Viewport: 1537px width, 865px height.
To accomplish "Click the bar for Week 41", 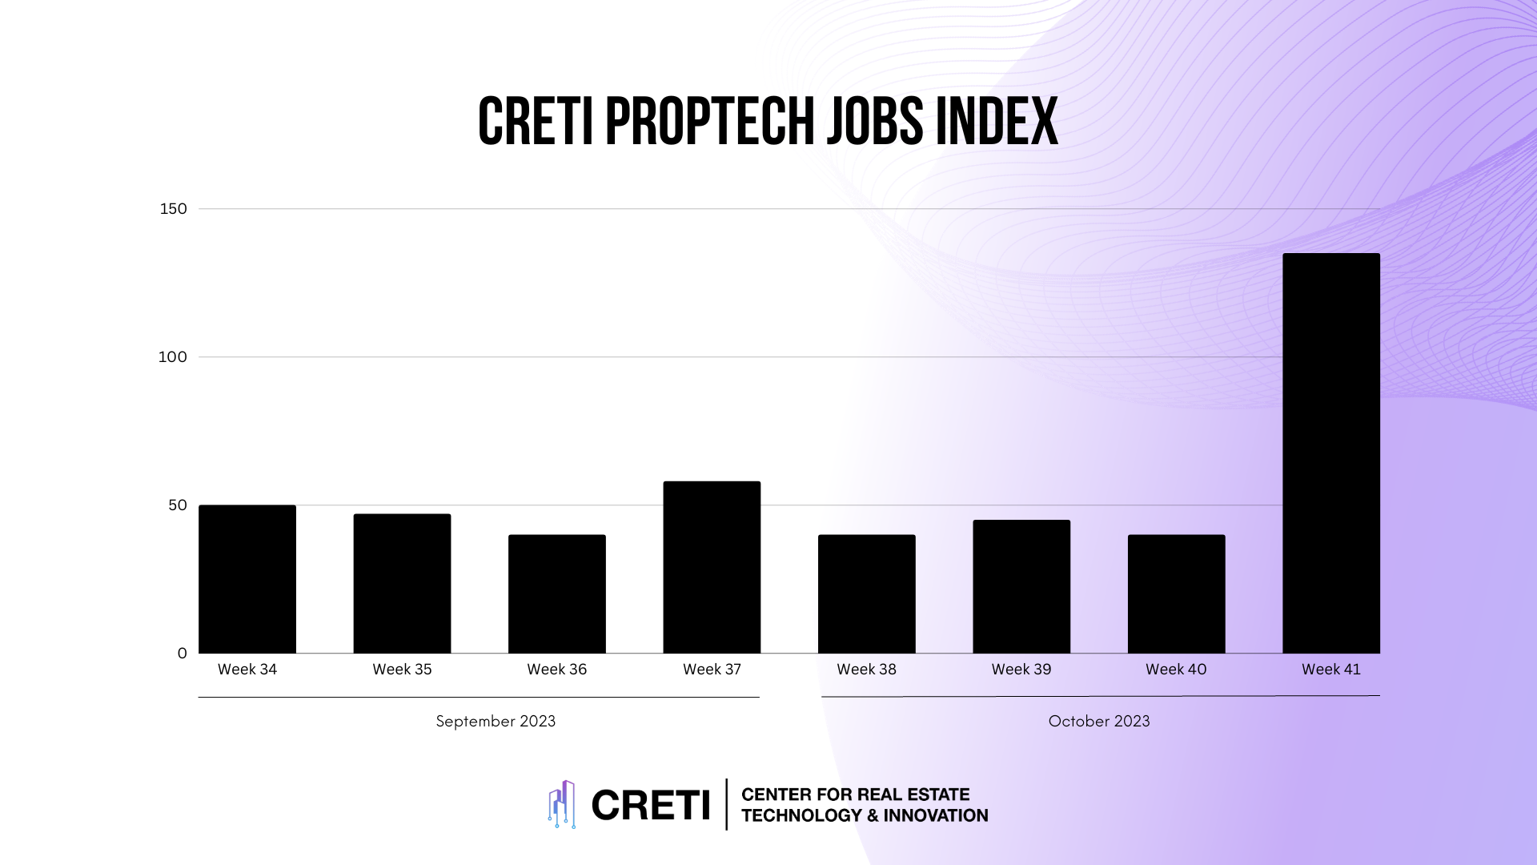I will coord(1330,453).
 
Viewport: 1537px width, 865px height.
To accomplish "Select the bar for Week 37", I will coord(712,567).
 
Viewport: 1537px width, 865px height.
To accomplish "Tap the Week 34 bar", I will coord(247,579).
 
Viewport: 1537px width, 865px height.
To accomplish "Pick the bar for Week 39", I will coord(1021,586).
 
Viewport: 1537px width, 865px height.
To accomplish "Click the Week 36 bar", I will coord(557,593).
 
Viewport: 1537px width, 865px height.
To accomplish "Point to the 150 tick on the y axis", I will coord(173,209).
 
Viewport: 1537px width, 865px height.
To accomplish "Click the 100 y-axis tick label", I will coord(172,357).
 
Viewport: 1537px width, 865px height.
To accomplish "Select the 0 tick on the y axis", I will coord(183,654).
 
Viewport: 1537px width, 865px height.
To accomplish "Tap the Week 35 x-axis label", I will coord(402,670).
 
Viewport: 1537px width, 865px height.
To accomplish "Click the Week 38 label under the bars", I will coord(866,670).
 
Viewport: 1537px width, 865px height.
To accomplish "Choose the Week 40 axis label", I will coord(1176,670).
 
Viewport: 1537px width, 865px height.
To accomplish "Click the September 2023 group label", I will coord(496,721).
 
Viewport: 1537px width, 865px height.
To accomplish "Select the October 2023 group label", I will coord(1099,721).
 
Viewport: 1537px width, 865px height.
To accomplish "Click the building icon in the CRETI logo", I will coord(562,804).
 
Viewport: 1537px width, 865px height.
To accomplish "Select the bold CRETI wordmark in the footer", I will coord(650,805).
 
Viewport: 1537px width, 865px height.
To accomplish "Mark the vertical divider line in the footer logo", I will coord(727,804).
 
